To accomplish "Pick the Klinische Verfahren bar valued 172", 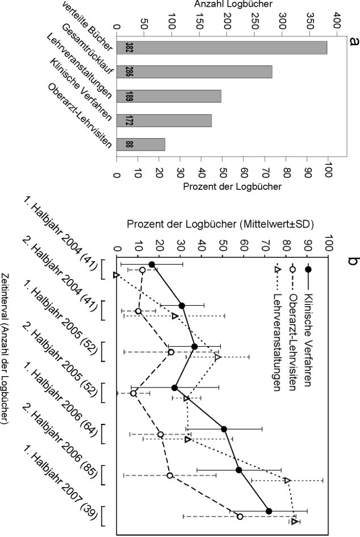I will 164,120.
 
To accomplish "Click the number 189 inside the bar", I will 129,96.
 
